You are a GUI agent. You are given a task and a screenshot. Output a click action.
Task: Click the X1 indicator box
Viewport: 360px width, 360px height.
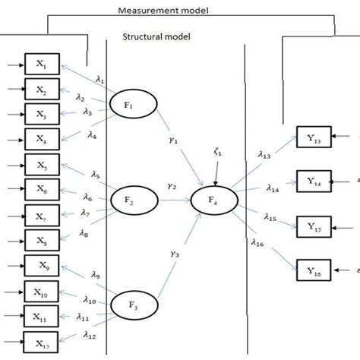(41, 64)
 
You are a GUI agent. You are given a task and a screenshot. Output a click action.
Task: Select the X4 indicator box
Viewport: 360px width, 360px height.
(41, 138)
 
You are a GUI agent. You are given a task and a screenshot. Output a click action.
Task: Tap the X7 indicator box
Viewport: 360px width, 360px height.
(41, 214)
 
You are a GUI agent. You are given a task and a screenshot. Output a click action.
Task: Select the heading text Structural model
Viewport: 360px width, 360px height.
(156, 36)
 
